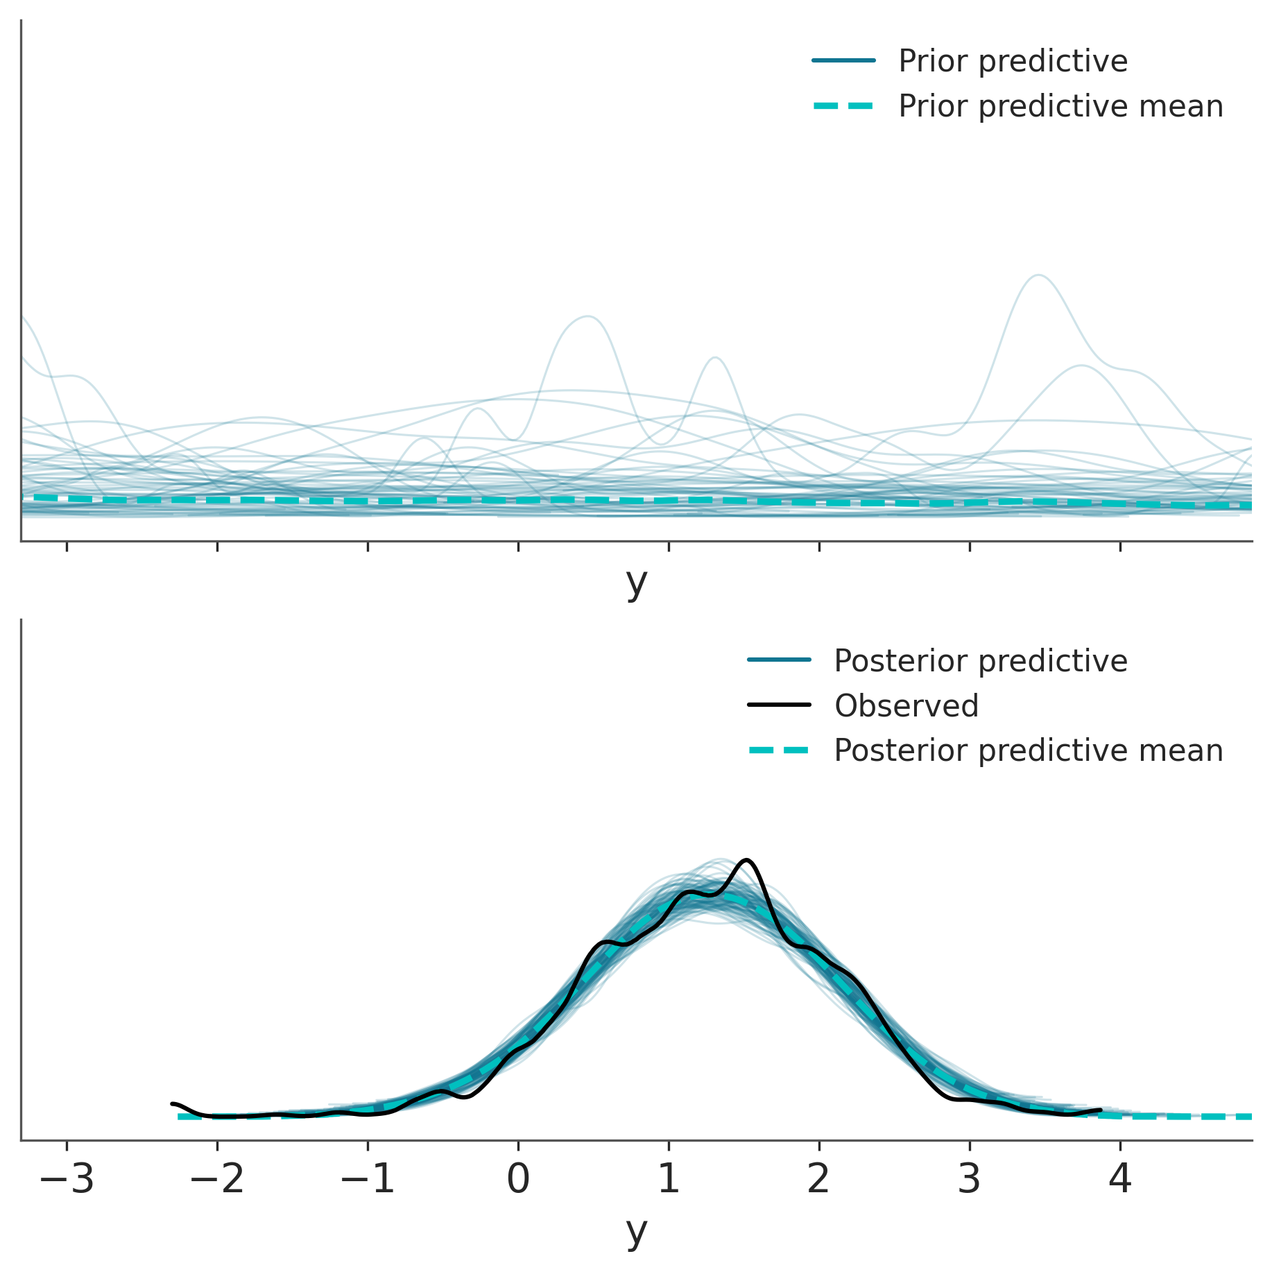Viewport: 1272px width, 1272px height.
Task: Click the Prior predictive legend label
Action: coord(1013,61)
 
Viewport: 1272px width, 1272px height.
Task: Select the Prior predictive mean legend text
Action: coord(1060,106)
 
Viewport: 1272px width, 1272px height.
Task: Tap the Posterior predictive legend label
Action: coord(981,661)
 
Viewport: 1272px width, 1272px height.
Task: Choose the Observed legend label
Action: coord(906,706)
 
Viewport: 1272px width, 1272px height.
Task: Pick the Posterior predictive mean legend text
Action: coord(1028,750)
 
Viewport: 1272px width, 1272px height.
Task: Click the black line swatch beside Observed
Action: coord(779,705)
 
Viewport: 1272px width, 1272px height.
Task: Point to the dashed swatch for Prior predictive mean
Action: coord(843,106)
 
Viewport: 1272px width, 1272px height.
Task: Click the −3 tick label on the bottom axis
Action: coord(67,1179)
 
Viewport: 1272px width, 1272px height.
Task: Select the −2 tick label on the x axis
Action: coord(217,1179)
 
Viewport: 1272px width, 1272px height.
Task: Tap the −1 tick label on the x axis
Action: coord(368,1179)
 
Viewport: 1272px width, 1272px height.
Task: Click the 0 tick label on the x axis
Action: coord(518,1179)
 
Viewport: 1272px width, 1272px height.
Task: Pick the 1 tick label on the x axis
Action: coord(669,1179)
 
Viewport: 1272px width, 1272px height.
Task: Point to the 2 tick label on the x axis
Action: coord(819,1179)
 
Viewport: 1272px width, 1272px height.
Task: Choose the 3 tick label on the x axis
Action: coord(970,1179)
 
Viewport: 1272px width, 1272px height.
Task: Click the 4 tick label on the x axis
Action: coord(1120,1179)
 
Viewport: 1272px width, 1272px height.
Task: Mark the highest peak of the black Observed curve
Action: coord(746,860)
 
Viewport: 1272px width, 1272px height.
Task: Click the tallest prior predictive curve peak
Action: coord(1038,275)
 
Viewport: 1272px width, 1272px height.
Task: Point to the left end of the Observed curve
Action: coord(173,1103)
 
